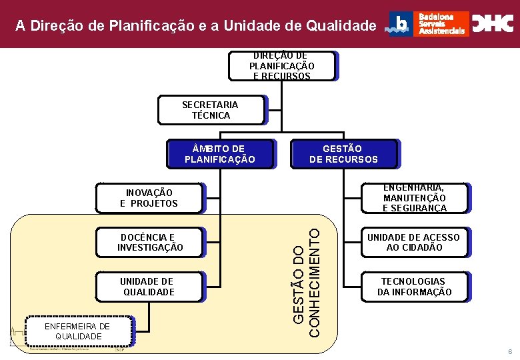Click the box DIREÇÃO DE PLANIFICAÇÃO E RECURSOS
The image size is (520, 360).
click(x=281, y=66)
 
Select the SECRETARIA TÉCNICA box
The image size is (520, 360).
click(x=211, y=110)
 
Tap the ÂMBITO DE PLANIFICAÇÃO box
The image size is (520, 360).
click(x=219, y=154)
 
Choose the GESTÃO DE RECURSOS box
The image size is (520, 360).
click(x=343, y=154)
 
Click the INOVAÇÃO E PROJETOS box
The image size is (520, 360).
click(x=149, y=198)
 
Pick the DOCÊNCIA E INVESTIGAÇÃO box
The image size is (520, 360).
click(x=149, y=242)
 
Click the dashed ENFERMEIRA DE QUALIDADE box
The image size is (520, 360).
click(x=78, y=331)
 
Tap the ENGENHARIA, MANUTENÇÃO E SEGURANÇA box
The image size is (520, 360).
click(x=415, y=198)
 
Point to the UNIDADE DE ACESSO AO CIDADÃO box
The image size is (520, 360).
click(x=415, y=242)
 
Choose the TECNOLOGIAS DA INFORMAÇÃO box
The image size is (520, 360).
click(x=415, y=287)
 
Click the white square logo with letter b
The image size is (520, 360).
click(x=401, y=24)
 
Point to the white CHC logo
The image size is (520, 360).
click(x=493, y=24)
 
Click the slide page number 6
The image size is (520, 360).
click(x=509, y=351)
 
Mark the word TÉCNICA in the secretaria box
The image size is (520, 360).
click(x=211, y=115)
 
